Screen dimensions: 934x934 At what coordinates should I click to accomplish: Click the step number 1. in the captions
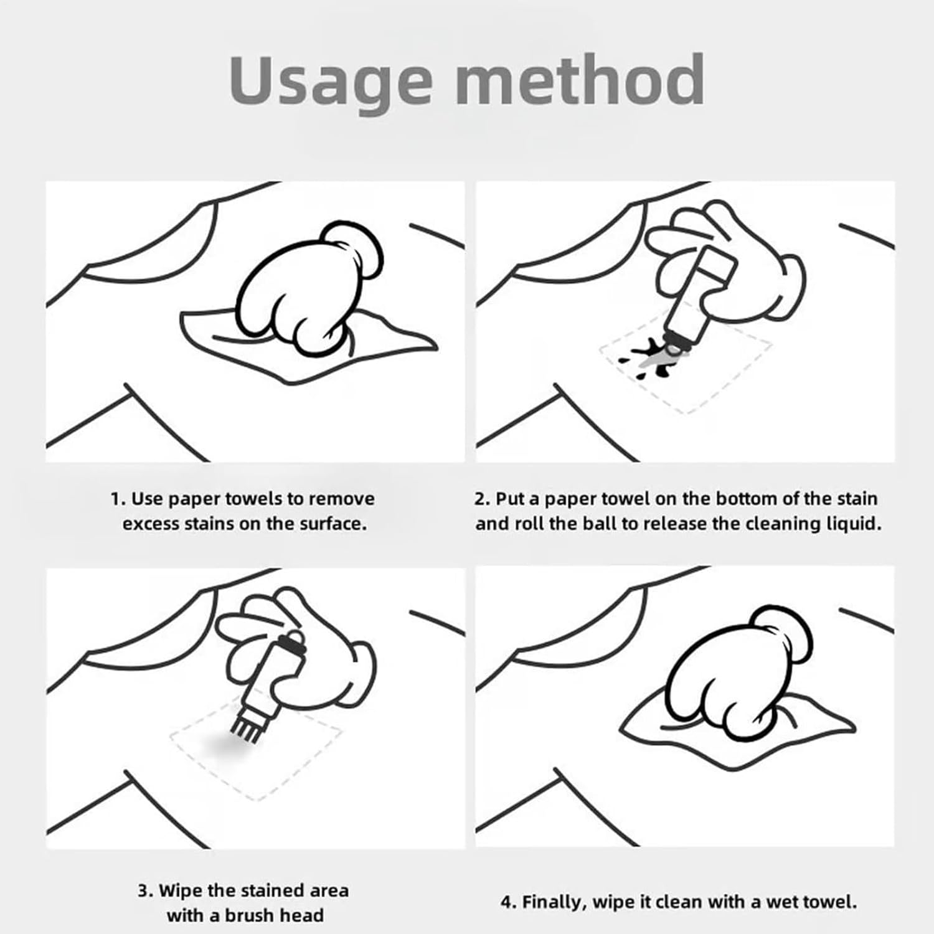[119, 499]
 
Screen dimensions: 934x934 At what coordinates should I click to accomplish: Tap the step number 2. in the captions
[482, 499]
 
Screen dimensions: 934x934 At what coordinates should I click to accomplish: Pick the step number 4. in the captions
[508, 902]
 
